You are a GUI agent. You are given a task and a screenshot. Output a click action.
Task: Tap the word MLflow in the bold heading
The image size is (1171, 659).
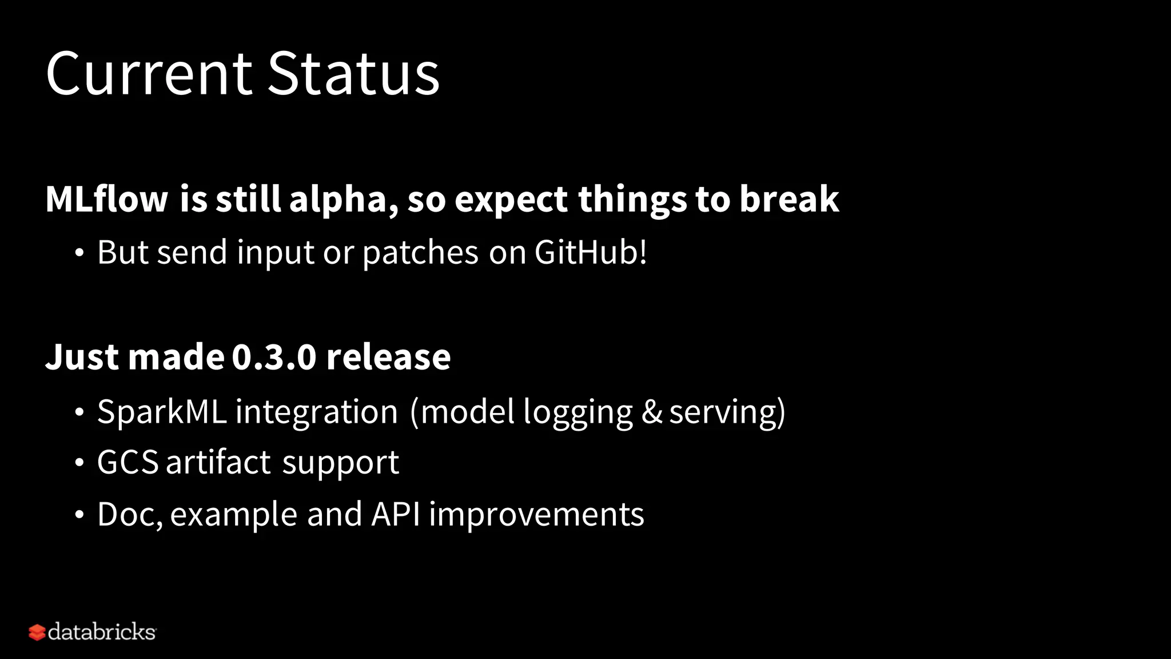[x=106, y=199]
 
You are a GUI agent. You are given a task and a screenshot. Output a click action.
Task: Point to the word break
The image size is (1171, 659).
[x=789, y=199]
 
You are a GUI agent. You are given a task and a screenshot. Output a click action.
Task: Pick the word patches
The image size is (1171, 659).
[x=420, y=253]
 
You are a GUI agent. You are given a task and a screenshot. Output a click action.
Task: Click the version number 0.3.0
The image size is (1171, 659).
[x=274, y=357]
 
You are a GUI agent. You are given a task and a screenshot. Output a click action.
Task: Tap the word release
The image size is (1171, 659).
[x=388, y=357]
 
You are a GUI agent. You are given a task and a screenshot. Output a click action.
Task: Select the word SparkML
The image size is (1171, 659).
[x=162, y=411]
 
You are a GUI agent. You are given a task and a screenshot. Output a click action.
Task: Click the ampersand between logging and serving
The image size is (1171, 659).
[x=651, y=411]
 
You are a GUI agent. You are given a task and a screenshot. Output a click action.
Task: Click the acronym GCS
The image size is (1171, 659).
[x=128, y=462]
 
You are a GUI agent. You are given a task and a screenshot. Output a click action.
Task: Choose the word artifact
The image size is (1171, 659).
[x=218, y=462]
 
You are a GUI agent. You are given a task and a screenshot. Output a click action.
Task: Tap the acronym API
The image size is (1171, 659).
[x=396, y=514]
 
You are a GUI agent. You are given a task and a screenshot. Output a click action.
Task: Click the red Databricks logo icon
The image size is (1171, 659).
[x=37, y=632]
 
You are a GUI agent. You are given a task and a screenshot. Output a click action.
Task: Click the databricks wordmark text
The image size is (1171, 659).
[x=102, y=632]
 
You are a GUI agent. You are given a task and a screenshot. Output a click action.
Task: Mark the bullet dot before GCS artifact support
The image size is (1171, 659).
[x=79, y=463]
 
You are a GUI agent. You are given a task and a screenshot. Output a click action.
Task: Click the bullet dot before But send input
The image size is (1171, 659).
[x=79, y=253]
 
